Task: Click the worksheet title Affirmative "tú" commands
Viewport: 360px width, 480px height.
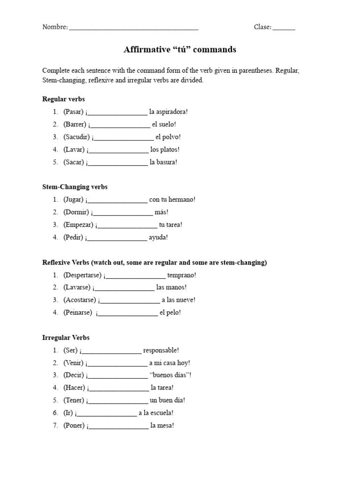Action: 180,49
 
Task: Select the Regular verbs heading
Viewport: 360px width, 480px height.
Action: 63,99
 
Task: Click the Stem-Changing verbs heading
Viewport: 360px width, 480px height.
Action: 75,187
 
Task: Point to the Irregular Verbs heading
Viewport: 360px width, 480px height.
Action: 66,337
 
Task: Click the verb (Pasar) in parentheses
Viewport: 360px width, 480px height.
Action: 74,112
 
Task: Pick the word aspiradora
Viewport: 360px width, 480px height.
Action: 171,112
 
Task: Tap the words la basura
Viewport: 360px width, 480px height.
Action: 164,162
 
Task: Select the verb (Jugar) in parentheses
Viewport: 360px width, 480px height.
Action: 74,199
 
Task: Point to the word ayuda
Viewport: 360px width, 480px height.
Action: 158,237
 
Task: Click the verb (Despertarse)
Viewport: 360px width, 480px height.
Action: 82,275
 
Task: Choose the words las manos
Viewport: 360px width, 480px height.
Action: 171,287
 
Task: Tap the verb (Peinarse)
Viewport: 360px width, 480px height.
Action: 78,313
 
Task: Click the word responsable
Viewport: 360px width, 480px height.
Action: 161,350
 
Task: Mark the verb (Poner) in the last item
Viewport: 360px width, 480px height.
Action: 74,426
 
